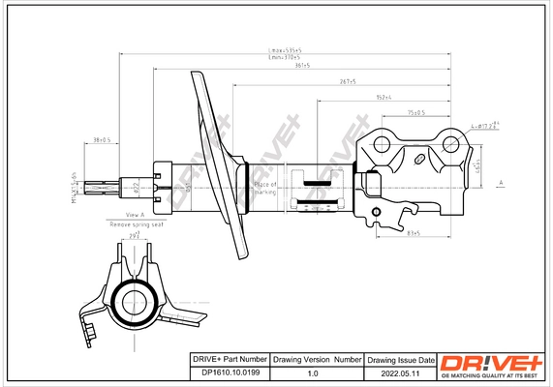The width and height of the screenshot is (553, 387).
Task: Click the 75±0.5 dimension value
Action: point(415,113)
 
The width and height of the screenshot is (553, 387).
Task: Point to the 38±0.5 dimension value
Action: point(101,140)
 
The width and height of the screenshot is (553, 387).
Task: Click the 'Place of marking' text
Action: point(264,186)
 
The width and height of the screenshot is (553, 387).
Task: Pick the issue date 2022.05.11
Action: point(400,372)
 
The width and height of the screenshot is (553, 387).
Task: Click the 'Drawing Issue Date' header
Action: point(400,359)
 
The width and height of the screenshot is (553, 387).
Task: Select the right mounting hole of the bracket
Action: point(450,145)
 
